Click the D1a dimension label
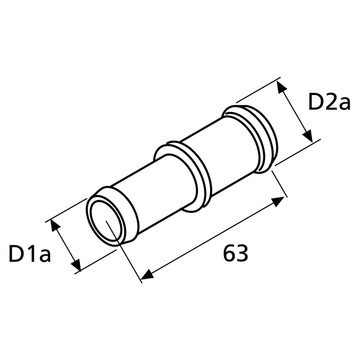pos(30,253)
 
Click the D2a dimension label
pos(329,102)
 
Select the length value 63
pos(235,253)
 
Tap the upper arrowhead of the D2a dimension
pos(282,87)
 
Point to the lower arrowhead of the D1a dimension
pos(76,265)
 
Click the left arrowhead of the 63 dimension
pos(147,274)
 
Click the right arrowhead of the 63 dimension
pos(278,201)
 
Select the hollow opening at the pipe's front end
pos(105,221)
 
